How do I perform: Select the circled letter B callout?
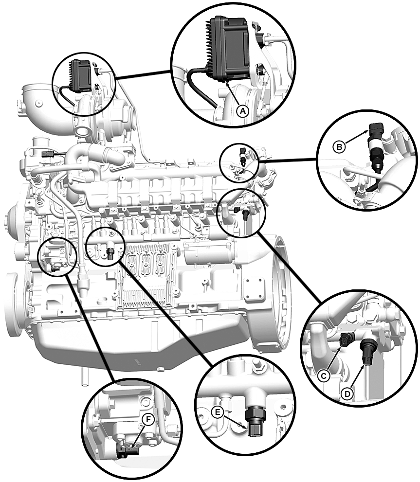(339, 145)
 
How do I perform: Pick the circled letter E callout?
(219, 412)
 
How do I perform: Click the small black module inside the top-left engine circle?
(80, 75)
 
